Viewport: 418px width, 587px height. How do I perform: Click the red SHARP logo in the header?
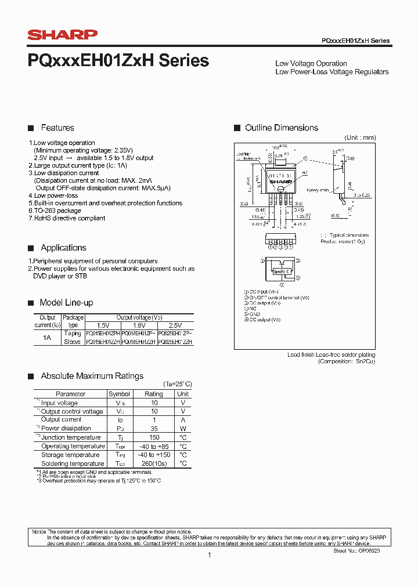tap(63, 35)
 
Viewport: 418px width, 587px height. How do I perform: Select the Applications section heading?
tap(63, 248)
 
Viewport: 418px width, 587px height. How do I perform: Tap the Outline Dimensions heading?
tap(282, 128)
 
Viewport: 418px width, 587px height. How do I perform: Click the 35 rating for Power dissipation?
tap(154, 429)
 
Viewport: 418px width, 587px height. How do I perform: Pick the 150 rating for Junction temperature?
tap(154, 437)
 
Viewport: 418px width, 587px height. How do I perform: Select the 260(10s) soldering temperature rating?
tap(154, 463)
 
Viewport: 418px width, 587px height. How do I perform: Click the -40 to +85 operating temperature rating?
tap(154, 446)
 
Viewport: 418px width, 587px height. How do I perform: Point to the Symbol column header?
tap(120, 394)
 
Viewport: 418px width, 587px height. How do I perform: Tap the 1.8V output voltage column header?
tap(139, 325)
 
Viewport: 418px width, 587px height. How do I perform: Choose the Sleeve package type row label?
tap(73, 342)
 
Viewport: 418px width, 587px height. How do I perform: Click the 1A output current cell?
tap(46, 338)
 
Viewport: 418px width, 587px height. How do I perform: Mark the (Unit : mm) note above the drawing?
tap(360, 137)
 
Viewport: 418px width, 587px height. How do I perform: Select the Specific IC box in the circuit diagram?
tap(282, 271)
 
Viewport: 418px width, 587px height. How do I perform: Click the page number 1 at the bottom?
tap(209, 555)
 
